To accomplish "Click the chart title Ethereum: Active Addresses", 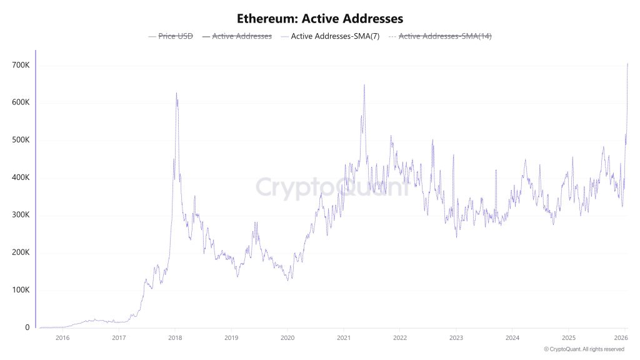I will tap(320, 19).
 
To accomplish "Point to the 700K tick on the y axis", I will tap(21, 65).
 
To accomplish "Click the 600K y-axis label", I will tap(21, 102).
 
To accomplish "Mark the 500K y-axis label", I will tap(21, 140).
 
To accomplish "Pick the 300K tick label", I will tap(21, 215).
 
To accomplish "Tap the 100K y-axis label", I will tap(21, 290).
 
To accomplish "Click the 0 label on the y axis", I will tap(27, 327).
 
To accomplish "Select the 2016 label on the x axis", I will tap(62, 338).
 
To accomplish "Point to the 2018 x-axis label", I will tap(175, 338).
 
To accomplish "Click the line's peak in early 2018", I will tap(176, 93).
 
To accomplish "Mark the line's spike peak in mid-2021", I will tap(364, 84).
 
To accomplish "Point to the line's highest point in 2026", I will tap(627, 63).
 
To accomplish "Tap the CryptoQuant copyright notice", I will tap(584, 349).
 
